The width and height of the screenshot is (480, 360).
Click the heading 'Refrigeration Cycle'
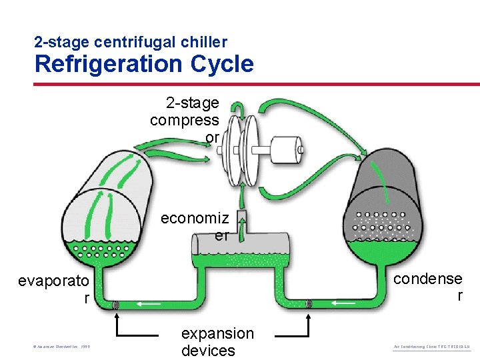click(144, 64)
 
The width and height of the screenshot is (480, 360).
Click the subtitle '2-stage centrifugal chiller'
click(131, 42)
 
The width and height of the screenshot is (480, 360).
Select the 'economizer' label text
click(195, 227)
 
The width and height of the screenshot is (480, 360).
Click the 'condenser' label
click(428, 287)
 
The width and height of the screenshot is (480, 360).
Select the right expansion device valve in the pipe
click(309, 305)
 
